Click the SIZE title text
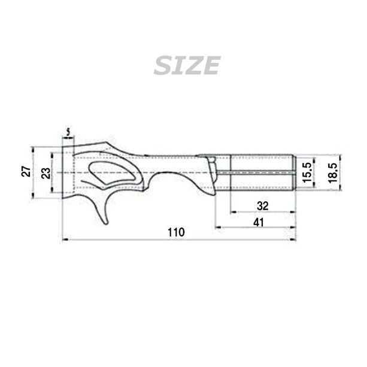[x=187, y=65]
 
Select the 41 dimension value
[x=259, y=222]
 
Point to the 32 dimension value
[x=262, y=205]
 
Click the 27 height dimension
[x=26, y=172]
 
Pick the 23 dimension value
[x=46, y=174]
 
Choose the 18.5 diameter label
[x=333, y=172]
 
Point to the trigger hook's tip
[x=106, y=223]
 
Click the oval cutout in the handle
[x=114, y=172]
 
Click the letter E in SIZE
[x=211, y=65]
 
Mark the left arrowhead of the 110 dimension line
[x=64, y=240]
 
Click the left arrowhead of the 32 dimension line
[x=233, y=211]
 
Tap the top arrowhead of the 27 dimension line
[x=34, y=148]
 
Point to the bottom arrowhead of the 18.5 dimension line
[x=339, y=189]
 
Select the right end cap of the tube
[x=294, y=172]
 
